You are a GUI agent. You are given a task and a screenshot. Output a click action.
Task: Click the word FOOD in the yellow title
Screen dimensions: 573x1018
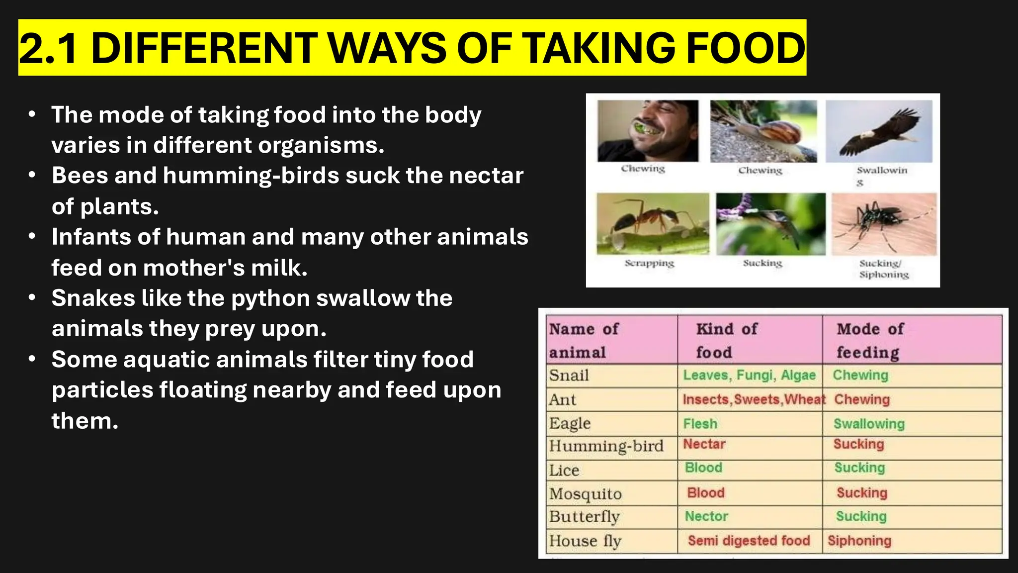(746, 48)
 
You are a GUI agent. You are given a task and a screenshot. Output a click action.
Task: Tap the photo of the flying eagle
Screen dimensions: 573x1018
(879, 131)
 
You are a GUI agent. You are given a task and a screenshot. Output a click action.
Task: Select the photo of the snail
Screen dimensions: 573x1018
(763, 131)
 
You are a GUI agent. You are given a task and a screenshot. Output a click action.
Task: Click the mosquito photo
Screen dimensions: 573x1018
(884, 224)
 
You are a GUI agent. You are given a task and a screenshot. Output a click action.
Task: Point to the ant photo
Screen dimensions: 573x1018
(653, 224)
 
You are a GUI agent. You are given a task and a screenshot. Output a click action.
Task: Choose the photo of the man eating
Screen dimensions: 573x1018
(648, 131)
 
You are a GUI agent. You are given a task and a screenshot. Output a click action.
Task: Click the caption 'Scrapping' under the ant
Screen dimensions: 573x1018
(649, 263)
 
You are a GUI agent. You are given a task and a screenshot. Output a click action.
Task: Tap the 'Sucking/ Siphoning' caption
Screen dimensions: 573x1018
(884, 269)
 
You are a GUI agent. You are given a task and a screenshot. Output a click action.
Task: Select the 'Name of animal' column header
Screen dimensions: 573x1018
(584, 340)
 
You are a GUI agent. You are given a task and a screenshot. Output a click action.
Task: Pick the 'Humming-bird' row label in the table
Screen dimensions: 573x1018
(606, 446)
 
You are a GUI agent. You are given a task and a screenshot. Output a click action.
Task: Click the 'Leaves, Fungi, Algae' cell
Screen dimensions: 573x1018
(749, 375)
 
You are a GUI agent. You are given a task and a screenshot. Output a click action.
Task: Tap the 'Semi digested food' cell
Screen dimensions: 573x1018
(749, 541)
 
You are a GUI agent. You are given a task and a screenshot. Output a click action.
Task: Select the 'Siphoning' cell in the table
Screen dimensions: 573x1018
(859, 541)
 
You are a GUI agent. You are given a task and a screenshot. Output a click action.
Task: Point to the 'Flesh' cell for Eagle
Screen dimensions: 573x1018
(700, 424)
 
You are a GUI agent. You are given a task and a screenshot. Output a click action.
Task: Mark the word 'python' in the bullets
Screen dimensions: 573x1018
(270, 298)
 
